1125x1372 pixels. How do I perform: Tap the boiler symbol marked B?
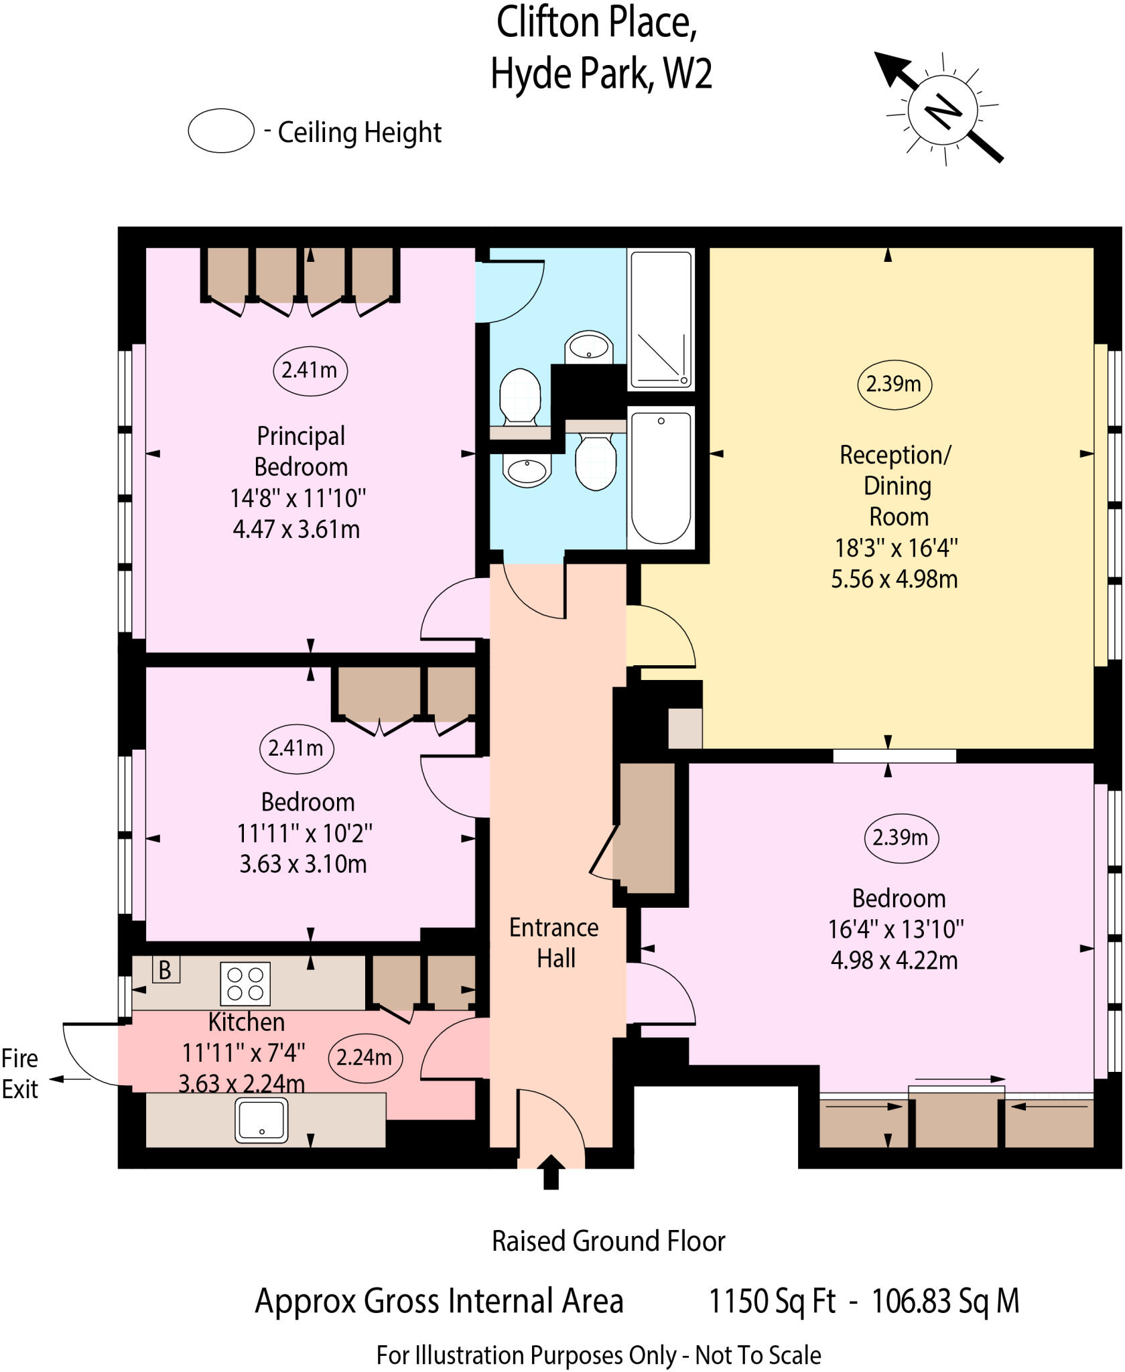tap(166, 969)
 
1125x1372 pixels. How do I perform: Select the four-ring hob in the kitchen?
tap(245, 983)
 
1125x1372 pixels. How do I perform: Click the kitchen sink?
tap(261, 1120)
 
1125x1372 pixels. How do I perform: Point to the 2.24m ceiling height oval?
tap(365, 1057)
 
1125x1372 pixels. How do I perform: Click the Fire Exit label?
tap(19, 1074)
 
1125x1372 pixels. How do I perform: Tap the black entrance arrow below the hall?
tap(551, 1172)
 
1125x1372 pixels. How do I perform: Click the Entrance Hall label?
tap(554, 943)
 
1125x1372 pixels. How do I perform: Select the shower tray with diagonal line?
tap(661, 320)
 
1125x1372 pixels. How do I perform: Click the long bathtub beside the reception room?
tap(661, 477)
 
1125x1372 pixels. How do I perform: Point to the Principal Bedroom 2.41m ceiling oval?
tap(310, 370)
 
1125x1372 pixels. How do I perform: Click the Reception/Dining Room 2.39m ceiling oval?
tap(894, 384)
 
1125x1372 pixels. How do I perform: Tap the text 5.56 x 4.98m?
tap(894, 579)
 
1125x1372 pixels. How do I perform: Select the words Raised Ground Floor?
tap(608, 1241)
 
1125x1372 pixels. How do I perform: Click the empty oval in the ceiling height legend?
tap(221, 131)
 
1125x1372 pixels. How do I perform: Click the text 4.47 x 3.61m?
tap(296, 529)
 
